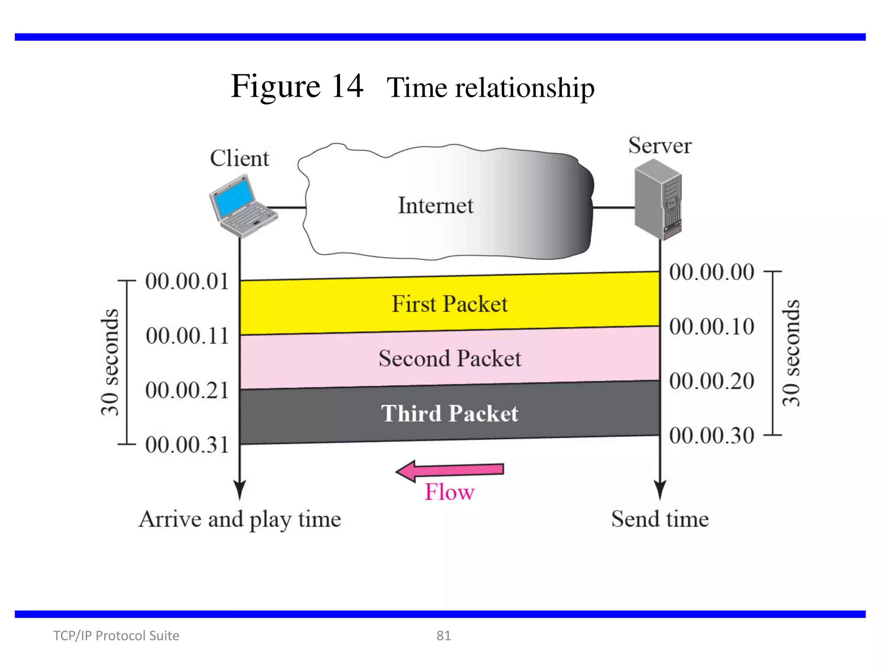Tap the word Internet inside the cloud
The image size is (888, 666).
435,206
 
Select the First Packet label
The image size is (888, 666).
450,304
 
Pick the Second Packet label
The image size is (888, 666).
450,359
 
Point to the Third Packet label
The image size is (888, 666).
450,413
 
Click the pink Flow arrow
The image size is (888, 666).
450,470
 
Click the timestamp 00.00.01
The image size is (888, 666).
186,281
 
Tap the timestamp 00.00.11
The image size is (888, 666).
187,336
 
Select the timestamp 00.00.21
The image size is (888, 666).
186,390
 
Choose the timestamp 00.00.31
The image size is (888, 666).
186,445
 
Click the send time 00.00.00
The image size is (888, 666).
712,272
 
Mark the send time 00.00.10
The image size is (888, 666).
712,326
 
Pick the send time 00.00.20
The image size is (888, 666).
712,381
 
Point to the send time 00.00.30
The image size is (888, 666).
712,435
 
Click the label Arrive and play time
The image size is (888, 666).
240,519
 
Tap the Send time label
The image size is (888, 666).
660,519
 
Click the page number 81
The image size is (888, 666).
444,636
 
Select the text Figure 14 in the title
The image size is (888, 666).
297,86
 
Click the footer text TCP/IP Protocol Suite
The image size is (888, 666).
116,636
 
